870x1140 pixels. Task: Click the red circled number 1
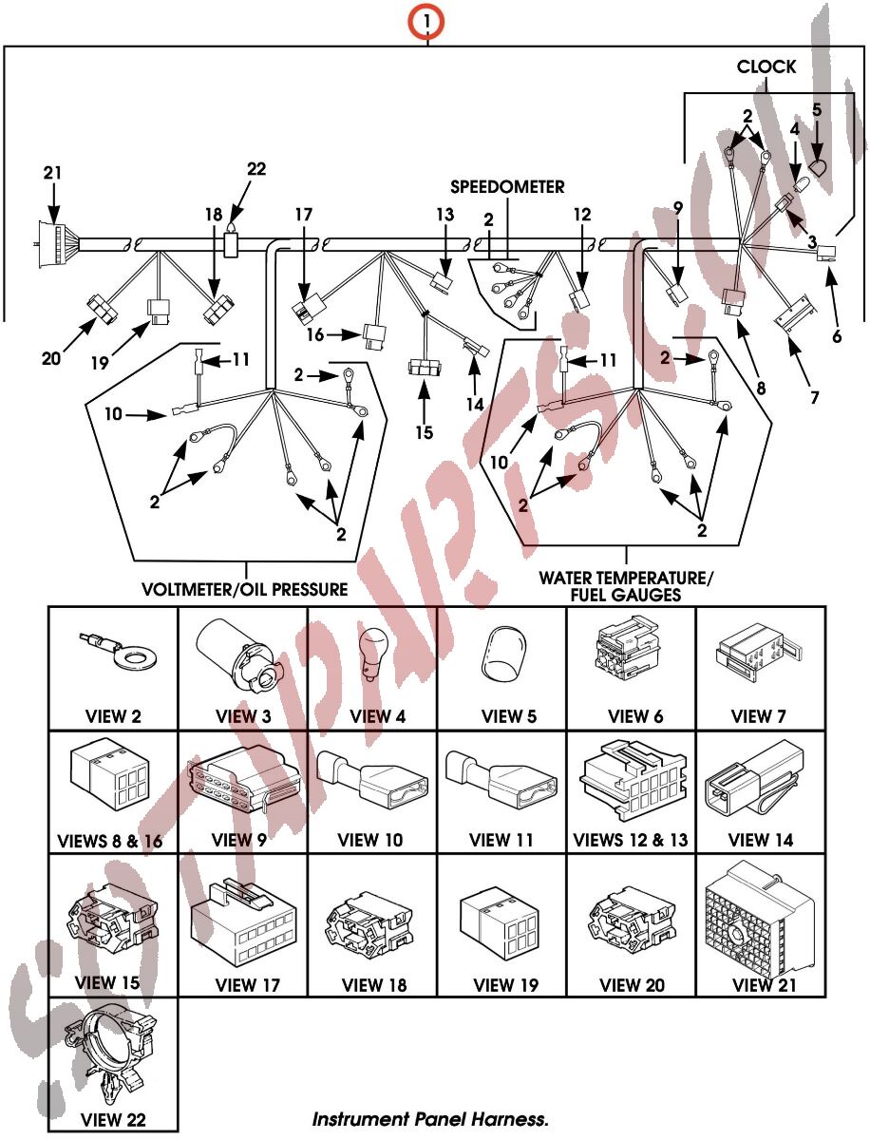pos(428,20)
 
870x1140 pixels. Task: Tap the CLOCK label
pos(766,66)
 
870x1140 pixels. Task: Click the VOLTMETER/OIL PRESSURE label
pos(244,589)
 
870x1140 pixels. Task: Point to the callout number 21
pos(52,172)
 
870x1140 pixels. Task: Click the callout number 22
pos(256,169)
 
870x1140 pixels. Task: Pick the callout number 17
pos(303,216)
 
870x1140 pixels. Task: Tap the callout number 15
pos(425,431)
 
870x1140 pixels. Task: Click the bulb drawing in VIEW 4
pos(371,658)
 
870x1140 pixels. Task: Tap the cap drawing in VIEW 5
pos(503,655)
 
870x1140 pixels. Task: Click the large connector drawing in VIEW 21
pos(759,921)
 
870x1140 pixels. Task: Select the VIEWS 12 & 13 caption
pos(631,840)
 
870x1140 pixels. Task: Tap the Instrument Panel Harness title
pos(430,1119)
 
